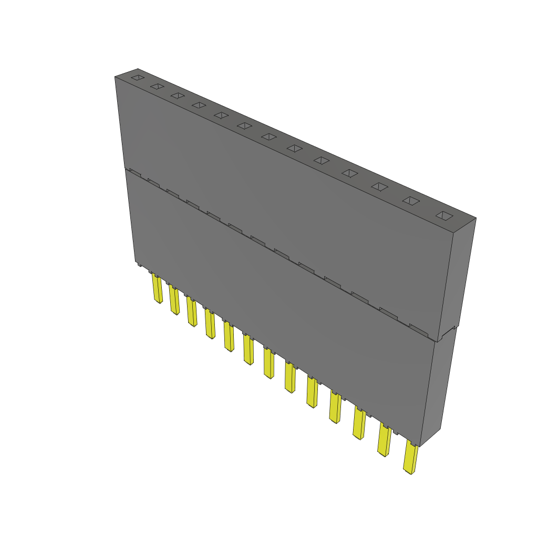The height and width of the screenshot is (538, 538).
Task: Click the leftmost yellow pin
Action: [157, 289]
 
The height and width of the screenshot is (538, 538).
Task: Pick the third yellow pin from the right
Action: [359, 423]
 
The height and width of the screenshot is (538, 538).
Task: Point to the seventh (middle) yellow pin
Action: [269, 364]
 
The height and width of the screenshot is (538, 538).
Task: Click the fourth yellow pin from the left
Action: [210, 325]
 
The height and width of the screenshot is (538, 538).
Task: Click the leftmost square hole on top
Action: [137, 78]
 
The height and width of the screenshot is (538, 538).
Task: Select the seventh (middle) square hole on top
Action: [268, 137]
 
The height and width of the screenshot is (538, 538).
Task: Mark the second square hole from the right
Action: [411, 201]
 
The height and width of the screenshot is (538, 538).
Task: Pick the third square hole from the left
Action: [178, 96]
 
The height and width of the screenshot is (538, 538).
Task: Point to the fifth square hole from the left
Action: [221, 115]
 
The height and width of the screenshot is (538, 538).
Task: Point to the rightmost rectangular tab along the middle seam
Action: [419, 329]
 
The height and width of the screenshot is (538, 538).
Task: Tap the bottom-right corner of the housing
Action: [421, 446]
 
